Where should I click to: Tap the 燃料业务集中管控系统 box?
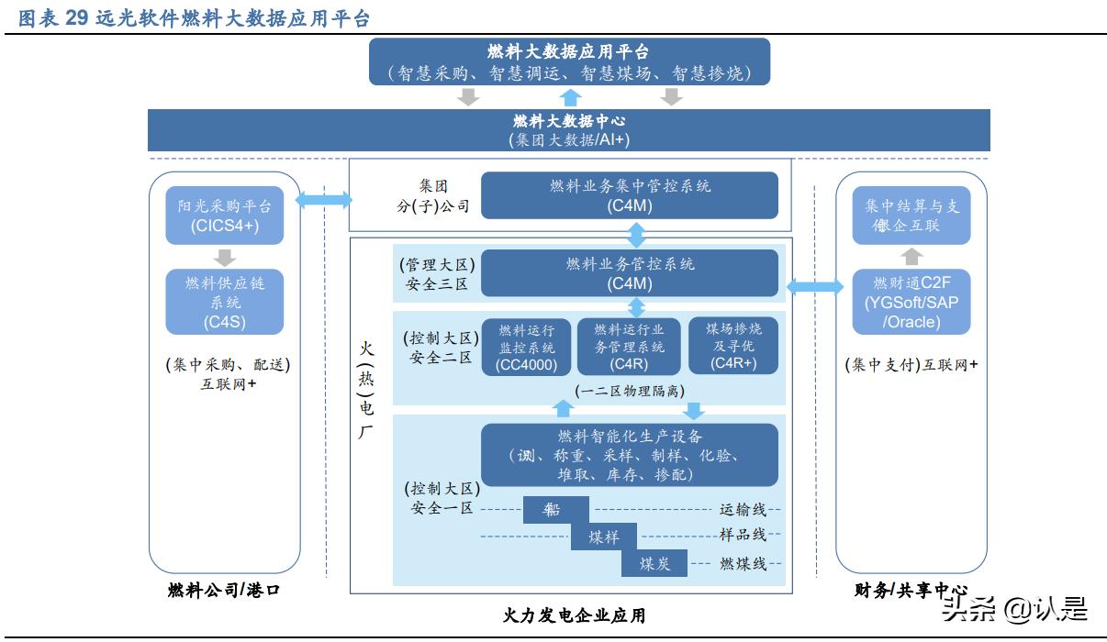click(630, 195)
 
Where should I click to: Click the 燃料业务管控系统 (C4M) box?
click(630, 273)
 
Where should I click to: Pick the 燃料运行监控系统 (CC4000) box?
click(526, 347)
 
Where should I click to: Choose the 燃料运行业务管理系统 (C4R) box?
click(630, 347)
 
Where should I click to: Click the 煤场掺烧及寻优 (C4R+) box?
click(733, 347)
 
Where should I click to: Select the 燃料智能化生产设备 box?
click(630, 455)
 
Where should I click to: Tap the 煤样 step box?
click(603, 537)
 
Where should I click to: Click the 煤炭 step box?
click(655, 563)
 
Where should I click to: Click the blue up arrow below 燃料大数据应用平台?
click(571, 97)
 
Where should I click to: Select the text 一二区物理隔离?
click(629, 391)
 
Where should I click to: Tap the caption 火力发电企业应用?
click(575, 615)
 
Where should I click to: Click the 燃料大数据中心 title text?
click(569, 121)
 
